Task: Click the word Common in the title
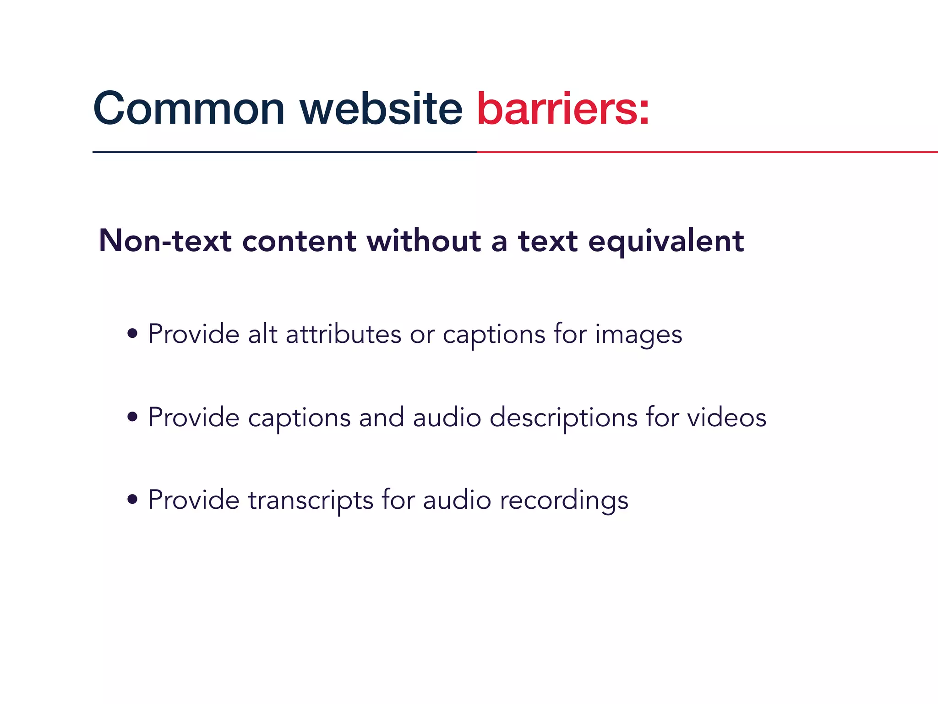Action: pyautogui.click(x=189, y=109)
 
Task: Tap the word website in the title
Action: pyautogui.click(x=381, y=109)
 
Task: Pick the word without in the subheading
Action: pyautogui.click(x=424, y=241)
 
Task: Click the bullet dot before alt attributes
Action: pyautogui.click(x=132, y=334)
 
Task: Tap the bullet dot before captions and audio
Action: pyautogui.click(x=132, y=417)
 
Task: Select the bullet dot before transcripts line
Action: pyautogui.click(x=132, y=500)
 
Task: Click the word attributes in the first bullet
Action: pyautogui.click(x=344, y=334)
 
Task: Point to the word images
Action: pyautogui.click(x=638, y=335)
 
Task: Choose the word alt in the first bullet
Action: pyautogui.click(x=262, y=334)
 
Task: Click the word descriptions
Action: pyautogui.click(x=563, y=418)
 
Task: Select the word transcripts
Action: pyautogui.click(x=311, y=500)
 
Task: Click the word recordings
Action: pyautogui.click(x=564, y=500)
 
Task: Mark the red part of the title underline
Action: pyautogui.click(x=705, y=152)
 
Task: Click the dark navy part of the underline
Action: pyautogui.click(x=284, y=152)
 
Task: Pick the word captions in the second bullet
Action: pyautogui.click(x=299, y=418)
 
